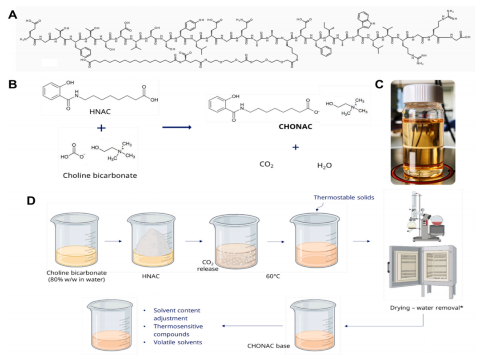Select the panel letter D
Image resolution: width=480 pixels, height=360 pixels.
(x=31, y=201)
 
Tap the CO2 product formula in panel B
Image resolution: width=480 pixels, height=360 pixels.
(x=267, y=165)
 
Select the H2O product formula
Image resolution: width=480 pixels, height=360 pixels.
(x=324, y=165)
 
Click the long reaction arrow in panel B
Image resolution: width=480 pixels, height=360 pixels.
(x=176, y=128)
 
